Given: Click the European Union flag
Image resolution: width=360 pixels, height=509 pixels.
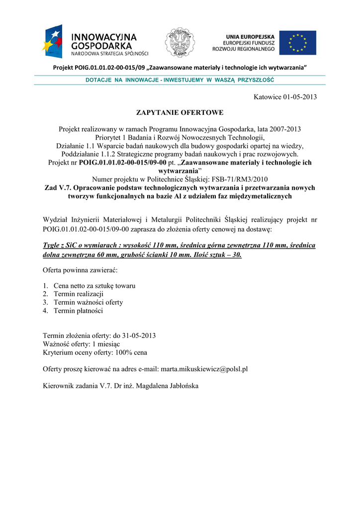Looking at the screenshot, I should pos(297,43).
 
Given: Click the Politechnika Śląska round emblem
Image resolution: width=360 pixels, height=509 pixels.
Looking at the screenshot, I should pos(180,42).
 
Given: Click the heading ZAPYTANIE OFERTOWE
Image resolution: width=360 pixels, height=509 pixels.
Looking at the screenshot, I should pos(180,113).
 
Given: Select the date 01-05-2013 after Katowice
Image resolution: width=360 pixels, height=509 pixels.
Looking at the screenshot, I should pos(300,97).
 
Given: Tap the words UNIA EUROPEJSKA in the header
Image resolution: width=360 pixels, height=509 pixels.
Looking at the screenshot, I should pos(250,37).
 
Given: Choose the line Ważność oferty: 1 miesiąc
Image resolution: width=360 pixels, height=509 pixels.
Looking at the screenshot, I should pos(82,344).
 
